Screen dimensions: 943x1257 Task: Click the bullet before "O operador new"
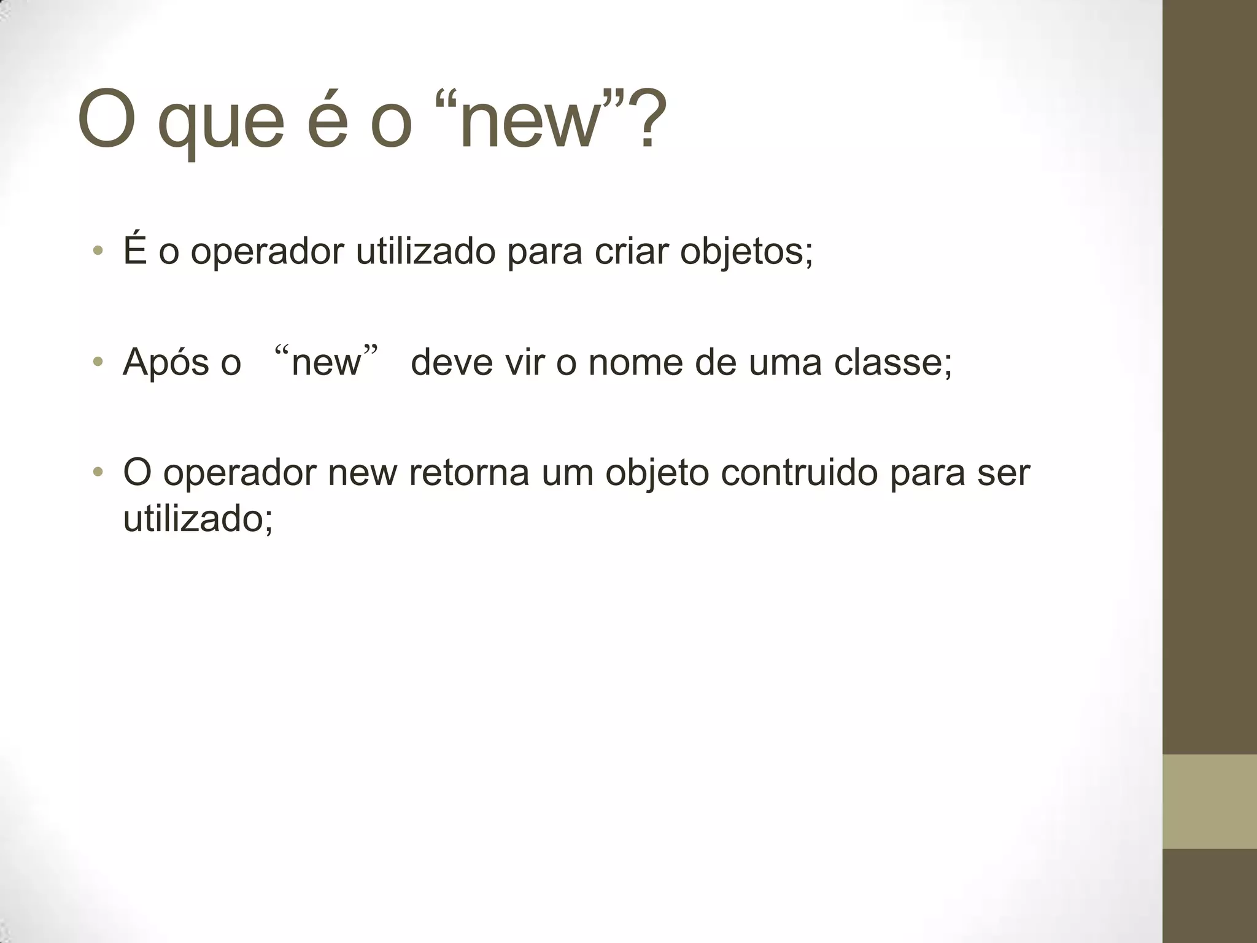(x=97, y=472)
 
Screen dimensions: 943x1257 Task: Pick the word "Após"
(x=158, y=363)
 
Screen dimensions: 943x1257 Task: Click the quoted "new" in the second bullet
(x=326, y=363)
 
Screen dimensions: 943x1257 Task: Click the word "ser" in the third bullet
(x=1004, y=473)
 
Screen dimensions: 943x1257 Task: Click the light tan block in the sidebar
(x=1209, y=802)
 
